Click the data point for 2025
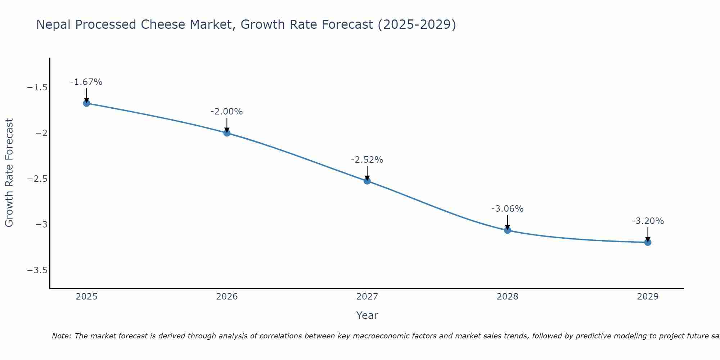point(86,103)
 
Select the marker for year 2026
point(227,133)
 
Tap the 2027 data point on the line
point(367,181)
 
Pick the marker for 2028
point(508,230)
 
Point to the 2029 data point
point(648,242)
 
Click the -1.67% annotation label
point(86,82)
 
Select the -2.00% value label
point(226,112)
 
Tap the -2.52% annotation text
point(367,160)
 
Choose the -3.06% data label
point(507,209)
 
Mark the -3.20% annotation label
point(648,221)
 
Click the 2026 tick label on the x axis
point(227,297)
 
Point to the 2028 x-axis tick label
point(508,297)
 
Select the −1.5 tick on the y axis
point(37,87)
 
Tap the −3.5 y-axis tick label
point(37,270)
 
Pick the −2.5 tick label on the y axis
point(37,179)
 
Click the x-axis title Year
point(367,315)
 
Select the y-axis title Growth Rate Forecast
point(9,173)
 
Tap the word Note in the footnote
point(61,336)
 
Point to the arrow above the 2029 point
point(648,234)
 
